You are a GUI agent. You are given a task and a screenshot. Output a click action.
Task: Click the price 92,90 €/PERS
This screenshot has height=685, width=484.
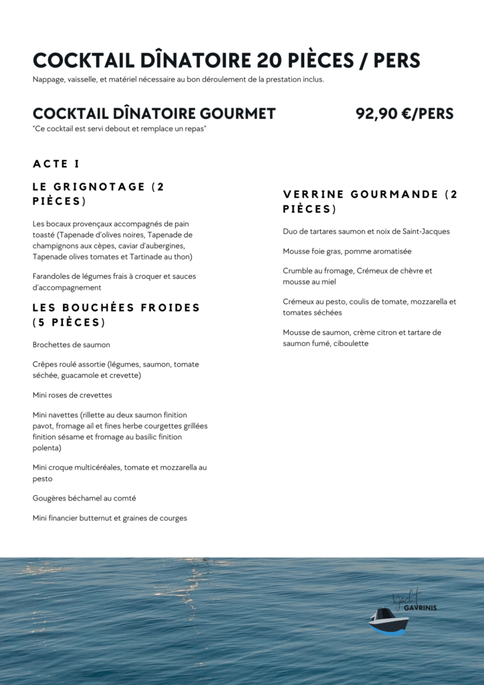[x=404, y=114]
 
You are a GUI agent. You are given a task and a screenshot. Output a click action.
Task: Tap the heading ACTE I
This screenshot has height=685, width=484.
[x=56, y=164]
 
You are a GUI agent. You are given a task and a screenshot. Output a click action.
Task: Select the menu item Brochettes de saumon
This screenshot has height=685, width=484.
[x=72, y=345]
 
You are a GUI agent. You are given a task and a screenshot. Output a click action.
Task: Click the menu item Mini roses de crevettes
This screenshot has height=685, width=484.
[x=72, y=395]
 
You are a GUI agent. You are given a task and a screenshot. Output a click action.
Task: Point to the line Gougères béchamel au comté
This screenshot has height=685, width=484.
[x=84, y=498]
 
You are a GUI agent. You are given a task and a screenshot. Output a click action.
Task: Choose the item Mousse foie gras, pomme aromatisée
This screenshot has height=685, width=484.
[x=347, y=251]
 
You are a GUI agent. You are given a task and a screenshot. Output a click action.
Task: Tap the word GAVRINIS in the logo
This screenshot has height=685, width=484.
[x=420, y=608]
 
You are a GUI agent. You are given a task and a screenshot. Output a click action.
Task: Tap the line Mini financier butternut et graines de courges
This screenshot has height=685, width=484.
[x=110, y=518]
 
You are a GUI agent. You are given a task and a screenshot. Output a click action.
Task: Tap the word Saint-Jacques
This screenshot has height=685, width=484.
[x=426, y=231]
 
